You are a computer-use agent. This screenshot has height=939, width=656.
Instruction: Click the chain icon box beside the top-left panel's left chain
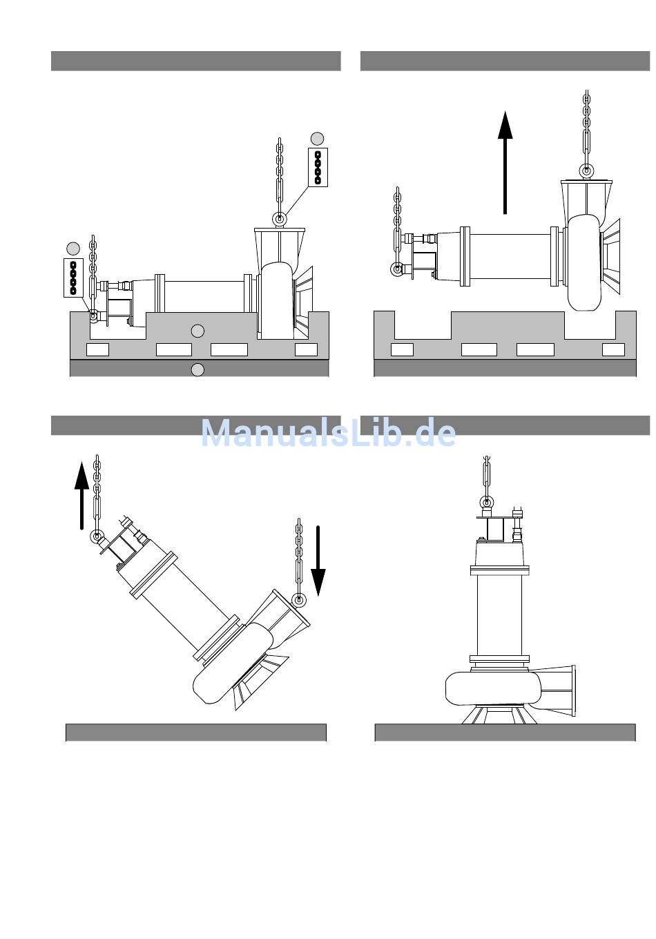pyautogui.click(x=73, y=278)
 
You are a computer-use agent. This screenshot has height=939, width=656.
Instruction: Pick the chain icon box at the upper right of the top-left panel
pyautogui.click(x=318, y=167)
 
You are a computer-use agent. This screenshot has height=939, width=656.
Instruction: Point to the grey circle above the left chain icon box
pyautogui.click(x=73, y=248)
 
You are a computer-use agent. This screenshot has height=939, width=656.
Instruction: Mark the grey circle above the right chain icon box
pyautogui.click(x=318, y=137)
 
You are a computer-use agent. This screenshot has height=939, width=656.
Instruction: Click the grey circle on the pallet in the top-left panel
pyautogui.click(x=197, y=331)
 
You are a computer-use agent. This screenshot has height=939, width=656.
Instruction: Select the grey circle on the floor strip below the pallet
pyautogui.click(x=197, y=369)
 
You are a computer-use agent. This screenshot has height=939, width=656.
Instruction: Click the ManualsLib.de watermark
pyautogui.click(x=329, y=434)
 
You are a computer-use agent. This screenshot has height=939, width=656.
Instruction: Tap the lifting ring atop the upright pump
pyautogui.click(x=488, y=502)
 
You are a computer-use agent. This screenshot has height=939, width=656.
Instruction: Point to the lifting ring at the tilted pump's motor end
pyautogui.click(x=97, y=536)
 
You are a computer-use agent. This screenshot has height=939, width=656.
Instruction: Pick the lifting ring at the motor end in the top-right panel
pyautogui.click(x=397, y=269)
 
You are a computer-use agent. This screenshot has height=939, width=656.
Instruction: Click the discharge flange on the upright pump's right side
pyautogui.click(x=571, y=691)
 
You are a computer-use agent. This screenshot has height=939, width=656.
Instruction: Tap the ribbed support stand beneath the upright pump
pyautogui.click(x=499, y=714)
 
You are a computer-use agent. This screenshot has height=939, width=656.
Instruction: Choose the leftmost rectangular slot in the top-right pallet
pyautogui.click(x=402, y=349)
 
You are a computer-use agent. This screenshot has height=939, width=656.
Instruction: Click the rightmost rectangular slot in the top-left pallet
pyautogui.click(x=306, y=349)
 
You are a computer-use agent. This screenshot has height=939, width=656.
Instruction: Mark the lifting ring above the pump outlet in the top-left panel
pyautogui.click(x=280, y=219)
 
